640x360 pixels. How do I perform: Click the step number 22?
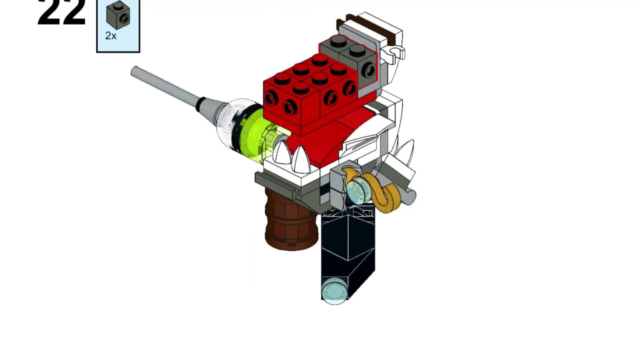[x=61, y=12]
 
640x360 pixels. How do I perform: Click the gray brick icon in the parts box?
[x=118, y=16]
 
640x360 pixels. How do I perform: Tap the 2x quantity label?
[x=110, y=36]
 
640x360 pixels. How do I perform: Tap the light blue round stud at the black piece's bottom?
[x=334, y=291]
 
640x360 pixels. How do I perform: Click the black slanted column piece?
[x=347, y=250]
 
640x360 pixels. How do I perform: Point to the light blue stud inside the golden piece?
[x=358, y=191]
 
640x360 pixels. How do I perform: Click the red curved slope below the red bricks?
[x=330, y=137]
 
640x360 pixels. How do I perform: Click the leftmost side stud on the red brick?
[x=270, y=99]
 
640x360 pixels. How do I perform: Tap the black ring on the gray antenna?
[x=200, y=104]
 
